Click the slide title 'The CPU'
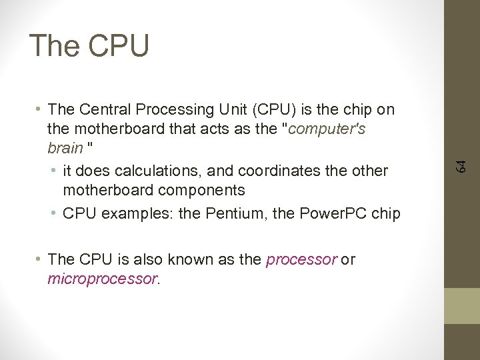click(89, 45)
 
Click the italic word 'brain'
click(64, 147)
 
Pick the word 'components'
click(203, 190)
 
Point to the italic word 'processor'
click(301, 259)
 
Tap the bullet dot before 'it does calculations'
click(54, 171)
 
